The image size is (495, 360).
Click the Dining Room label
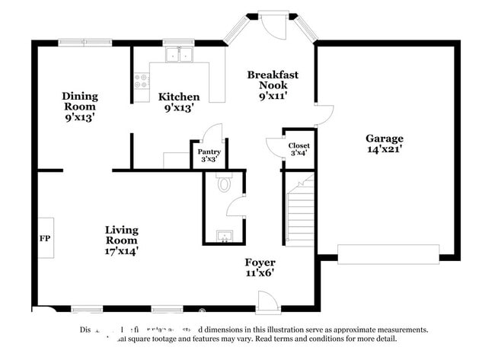point(80,107)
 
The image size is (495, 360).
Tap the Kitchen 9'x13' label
point(179,102)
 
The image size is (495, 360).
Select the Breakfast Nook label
point(272,85)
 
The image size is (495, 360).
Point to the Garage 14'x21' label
point(384,144)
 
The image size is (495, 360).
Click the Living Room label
point(121,239)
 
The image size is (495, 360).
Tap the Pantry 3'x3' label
point(209,155)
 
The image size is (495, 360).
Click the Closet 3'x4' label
point(299,149)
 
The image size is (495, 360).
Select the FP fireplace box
point(45,238)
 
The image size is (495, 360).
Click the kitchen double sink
point(181,55)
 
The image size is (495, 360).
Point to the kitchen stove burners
point(142,81)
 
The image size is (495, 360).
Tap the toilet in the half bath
point(224,183)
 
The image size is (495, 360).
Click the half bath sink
point(224,236)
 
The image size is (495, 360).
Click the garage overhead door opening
point(388,253)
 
